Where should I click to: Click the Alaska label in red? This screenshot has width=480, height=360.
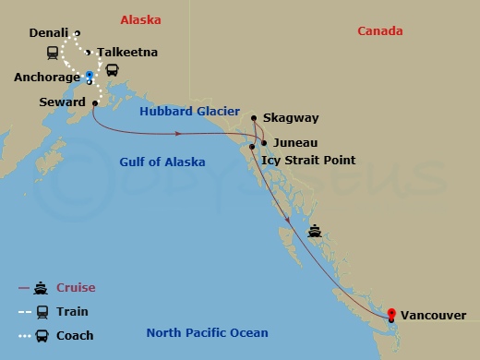tap(140, 19)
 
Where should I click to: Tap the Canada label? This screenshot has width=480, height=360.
tap(380, 31)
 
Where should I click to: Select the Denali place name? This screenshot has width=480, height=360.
tap(49, 33)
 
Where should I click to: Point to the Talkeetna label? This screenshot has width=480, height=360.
tap(129, 53)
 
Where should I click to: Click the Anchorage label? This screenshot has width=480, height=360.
tap(47, 78)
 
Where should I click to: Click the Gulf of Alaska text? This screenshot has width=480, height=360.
tap(162, 162)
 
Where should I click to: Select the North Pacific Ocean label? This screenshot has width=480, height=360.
tap(207, 333)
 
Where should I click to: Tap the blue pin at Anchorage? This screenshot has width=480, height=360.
tap(89, 76)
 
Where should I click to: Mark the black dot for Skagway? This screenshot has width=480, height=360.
tap(253, 117)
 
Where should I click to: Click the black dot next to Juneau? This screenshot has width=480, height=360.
tap(263, 143)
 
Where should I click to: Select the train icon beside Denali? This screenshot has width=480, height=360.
tap(52, 52)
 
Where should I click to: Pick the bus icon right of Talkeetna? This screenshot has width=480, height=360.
tap(112, 70)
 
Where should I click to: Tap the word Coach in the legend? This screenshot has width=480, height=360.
tap(75, 335)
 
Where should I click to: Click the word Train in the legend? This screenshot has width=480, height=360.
tap(72, 312)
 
